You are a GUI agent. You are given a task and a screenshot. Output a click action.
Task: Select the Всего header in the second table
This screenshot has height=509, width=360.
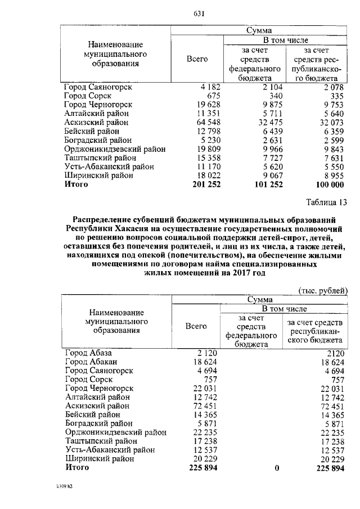[x=196, y=326]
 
